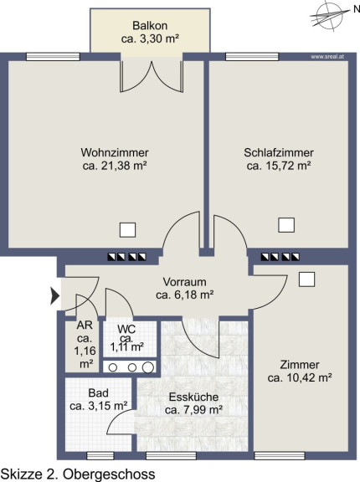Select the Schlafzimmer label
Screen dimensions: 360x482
pos(279,152)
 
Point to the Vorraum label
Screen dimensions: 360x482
pos(184,282)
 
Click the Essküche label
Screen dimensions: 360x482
pos(193,397)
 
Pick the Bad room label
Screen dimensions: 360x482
pos(99,392)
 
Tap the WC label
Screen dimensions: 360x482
pos(126,330)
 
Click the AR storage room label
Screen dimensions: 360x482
pos(85,325)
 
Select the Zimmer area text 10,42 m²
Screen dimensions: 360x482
pos(309,377)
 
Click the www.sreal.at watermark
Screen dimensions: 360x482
pos(327,57)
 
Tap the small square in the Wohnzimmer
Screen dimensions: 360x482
pos(127,230)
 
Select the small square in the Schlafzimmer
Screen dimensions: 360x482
pos(286,225)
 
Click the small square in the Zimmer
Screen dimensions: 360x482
pos(306,279)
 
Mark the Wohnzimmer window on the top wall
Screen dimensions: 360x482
pos(54,57)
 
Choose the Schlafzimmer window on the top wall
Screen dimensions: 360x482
pos(252,57)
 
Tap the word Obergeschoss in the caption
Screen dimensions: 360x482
pos(109,474)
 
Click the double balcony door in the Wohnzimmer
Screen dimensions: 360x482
pos(152,76)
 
